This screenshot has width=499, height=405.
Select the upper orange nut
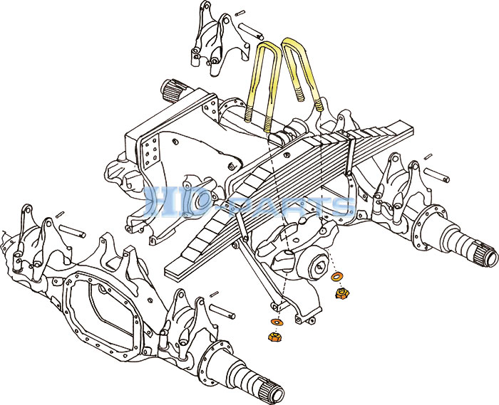[x=343, y=293]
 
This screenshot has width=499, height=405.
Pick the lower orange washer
[x=277, y=322]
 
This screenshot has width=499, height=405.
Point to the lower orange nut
[x=274, y=337]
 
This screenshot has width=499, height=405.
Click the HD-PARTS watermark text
[x=249, y=202]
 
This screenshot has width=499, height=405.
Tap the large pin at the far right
[x=436, y=175]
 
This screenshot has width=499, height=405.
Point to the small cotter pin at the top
[x=241, y=14]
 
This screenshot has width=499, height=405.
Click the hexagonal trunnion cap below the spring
[x=318, y=266]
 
